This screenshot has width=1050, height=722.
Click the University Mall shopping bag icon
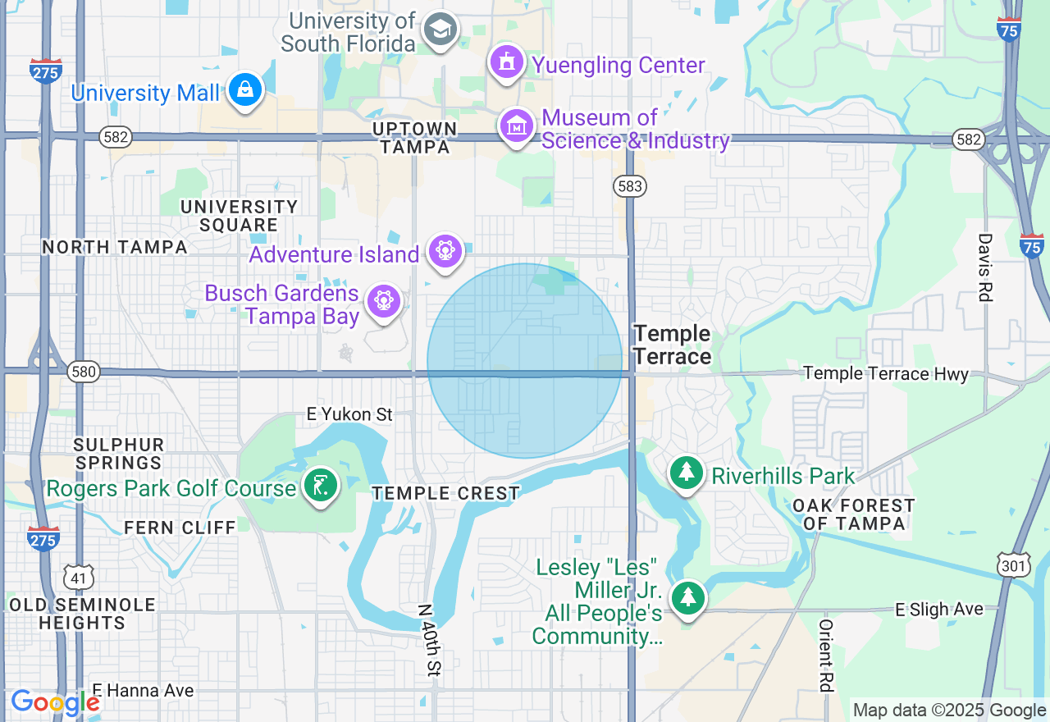245,90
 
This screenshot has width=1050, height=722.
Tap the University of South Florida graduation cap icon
441,30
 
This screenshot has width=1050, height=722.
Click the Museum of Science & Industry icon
517,127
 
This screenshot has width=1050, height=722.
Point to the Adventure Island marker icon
445,249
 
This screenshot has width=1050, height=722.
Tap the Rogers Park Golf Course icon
321,485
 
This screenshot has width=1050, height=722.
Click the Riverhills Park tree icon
686,474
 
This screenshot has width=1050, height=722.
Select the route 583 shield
630,186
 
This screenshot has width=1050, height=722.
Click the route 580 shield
84,372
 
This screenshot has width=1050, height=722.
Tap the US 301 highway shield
1012,564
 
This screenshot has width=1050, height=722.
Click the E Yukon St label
349,414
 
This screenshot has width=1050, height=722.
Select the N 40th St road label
428,640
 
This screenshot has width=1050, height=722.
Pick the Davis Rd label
984,267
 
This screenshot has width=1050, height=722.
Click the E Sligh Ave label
938,609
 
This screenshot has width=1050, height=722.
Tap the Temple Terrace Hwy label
886,373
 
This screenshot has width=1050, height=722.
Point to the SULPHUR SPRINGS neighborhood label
119,454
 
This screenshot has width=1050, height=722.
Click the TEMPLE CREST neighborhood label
445,493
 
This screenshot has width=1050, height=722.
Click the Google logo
55,702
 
